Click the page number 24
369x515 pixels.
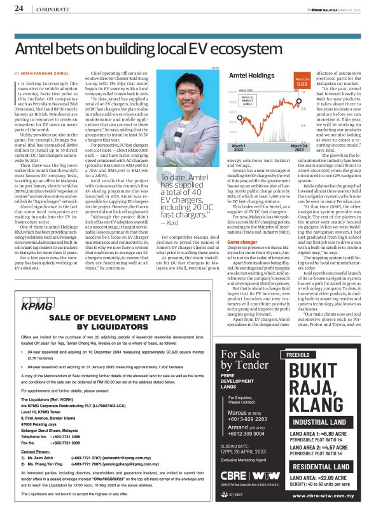[x=19, y=9]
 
